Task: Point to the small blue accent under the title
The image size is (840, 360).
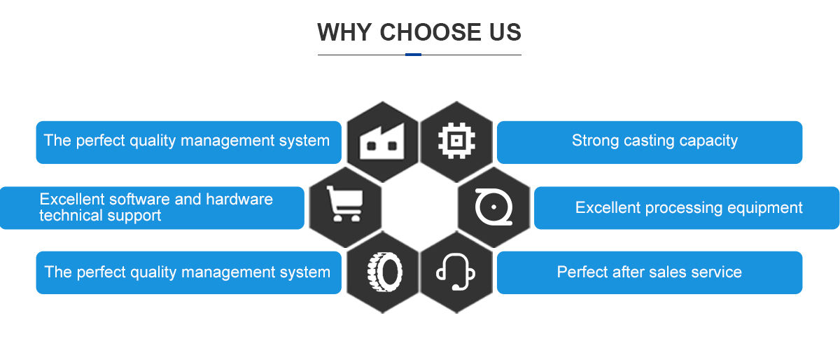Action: click(413, 55)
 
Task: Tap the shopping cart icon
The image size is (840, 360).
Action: click(345, 207)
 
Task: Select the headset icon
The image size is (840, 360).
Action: click(456, 272)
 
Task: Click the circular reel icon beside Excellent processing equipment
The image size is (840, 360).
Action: click(493, 207)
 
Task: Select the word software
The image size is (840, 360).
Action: click(142, 199)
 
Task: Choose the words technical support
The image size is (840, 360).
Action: click(100, 216)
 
